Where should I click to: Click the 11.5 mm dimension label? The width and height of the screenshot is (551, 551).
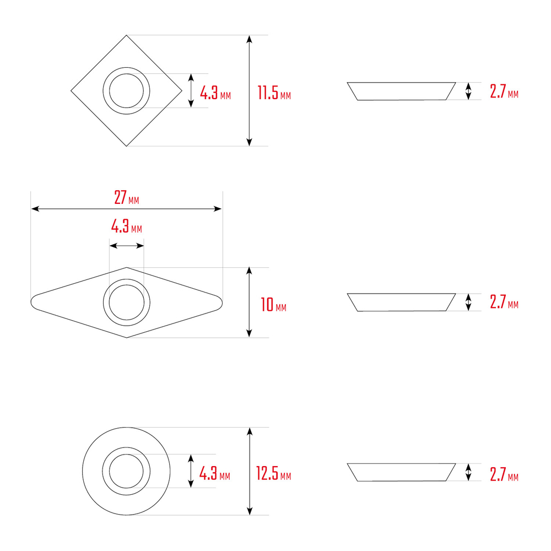pos(274,93)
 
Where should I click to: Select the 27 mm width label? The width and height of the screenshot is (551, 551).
pos(127,197)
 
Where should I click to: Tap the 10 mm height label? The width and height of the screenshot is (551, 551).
pos(273,305)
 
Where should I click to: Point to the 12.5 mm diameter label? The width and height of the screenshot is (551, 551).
pos(273,473)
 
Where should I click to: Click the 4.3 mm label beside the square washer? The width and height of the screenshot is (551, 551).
pos(215,93)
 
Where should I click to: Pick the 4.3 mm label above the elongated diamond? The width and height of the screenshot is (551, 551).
pos(127,226)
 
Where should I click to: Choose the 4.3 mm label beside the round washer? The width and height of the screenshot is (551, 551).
pos(215,473)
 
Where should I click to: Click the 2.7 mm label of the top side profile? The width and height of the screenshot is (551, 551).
pos(504,91)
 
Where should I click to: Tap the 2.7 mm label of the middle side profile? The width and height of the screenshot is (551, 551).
pos(504,302)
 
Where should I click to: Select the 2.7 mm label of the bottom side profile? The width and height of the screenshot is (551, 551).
pos(504,474)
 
